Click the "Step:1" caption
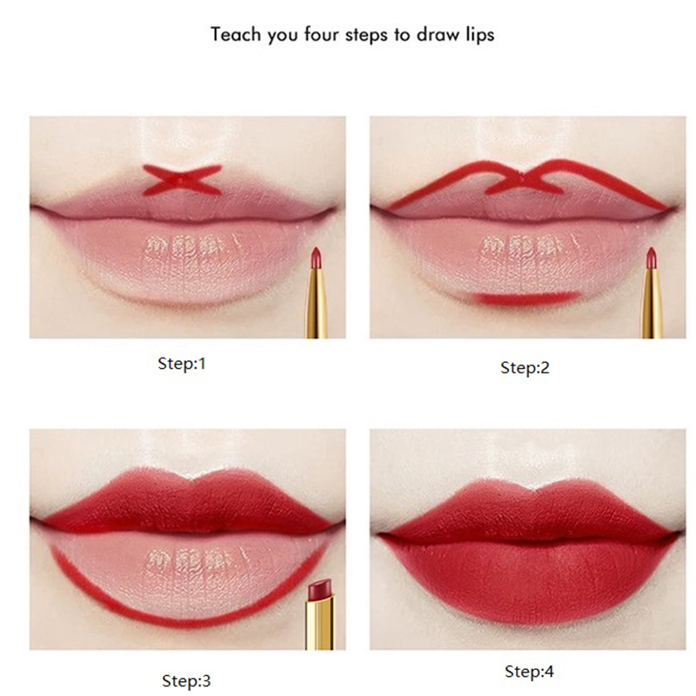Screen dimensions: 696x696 tap(182, 364)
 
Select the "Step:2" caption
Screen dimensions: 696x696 tap(525, 367)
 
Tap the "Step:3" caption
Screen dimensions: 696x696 tap(186, 680)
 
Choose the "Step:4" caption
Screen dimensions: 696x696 tap(529, 671)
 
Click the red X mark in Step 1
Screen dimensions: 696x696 tap(182, 180)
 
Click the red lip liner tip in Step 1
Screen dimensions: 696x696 tap(316, 256)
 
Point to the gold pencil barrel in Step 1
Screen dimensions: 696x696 tap(316, 302)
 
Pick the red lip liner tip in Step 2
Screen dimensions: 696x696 tap(651, 256)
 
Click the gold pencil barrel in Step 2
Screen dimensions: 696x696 tap(652, 302)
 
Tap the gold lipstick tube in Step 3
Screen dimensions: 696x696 tap(318, 623)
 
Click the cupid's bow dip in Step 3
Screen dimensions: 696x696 tap(191, 478)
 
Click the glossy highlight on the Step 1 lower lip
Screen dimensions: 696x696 tap(190, 245)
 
